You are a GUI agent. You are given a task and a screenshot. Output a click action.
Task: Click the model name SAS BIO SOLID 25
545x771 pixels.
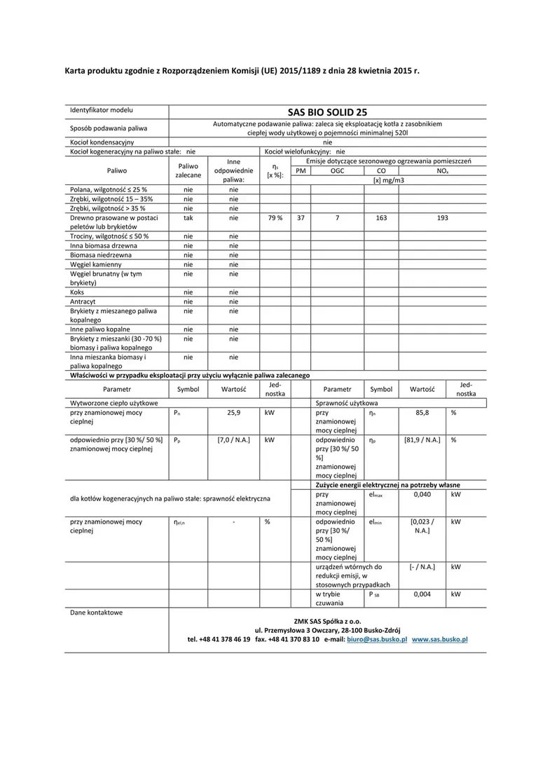point(327,111)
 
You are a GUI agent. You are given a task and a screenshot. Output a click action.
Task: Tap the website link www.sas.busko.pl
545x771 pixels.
point(439,639)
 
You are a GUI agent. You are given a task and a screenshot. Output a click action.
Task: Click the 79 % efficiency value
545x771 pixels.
point(275,218)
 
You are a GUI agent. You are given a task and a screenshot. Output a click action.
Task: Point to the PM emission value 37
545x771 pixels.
point(301,218)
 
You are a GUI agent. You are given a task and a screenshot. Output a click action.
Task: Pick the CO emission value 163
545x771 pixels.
point(381,218)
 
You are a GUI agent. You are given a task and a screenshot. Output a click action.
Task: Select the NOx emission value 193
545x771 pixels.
point(442,218)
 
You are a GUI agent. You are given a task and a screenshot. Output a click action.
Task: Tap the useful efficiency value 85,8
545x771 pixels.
point(422,413)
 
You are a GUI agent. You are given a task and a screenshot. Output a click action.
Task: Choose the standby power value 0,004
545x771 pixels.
point(422,594)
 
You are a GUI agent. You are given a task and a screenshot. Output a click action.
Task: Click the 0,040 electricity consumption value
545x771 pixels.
point(422,494)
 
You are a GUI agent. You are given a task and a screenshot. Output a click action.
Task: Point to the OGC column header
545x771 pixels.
point(337,170)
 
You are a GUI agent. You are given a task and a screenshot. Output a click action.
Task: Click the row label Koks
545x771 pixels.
point(77,292)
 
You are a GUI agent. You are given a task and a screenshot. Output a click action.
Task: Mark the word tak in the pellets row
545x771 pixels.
point(188,218)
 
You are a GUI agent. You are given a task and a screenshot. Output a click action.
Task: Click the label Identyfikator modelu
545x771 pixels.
point(101,111)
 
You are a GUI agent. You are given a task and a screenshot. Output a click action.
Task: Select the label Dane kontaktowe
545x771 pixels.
point(96,612)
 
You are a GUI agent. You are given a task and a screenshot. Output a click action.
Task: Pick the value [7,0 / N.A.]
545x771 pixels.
point(233,439)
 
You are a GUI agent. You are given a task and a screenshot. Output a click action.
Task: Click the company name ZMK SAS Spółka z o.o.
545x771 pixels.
point(327,620)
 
